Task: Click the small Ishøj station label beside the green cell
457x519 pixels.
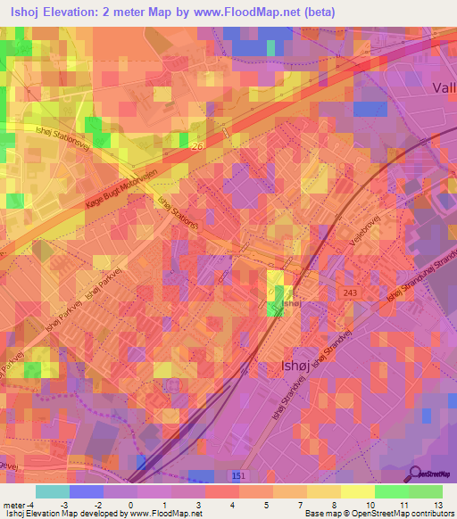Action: (292, 305)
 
